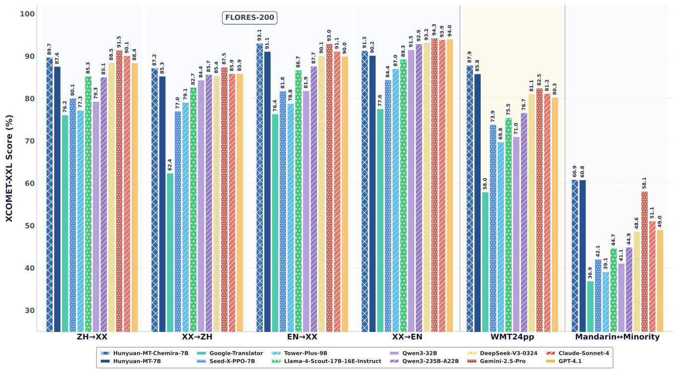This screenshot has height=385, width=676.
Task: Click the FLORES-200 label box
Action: click(x=250, y=18)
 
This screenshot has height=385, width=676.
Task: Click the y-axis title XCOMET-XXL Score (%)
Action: click(x=9, y=168)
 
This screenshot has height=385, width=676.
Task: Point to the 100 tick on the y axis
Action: click(x=28, y=14)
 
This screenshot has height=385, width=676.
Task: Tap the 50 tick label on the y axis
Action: click(x=28, y=226)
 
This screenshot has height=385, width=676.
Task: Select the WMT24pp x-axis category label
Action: click(x=512, y=337)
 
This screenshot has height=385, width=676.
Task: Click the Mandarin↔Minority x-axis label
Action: click(x=617, y=337)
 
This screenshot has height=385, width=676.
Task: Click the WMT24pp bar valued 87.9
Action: click(x=470, y=198)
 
